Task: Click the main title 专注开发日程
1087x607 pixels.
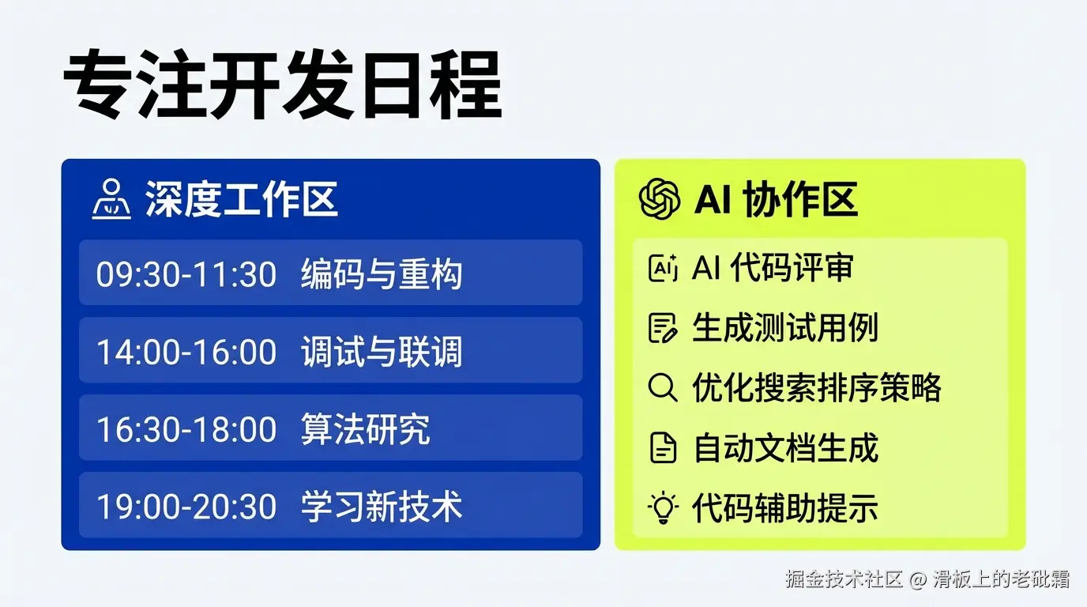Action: tap(283, 85)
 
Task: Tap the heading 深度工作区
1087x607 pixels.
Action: tap(241, 199)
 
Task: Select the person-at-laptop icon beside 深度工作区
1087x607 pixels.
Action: tap(111, 199)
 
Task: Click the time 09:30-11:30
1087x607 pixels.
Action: tap(186, 274)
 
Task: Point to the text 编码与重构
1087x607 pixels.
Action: tap(382, 274)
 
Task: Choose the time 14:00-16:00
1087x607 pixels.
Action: tap(186, 352)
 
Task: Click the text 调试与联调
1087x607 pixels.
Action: tap(382, 352)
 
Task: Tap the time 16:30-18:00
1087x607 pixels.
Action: tap(186, 430)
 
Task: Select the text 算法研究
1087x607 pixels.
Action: tap(366, 429)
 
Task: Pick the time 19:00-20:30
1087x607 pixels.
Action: tap(186, 507)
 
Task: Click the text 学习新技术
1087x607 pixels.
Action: tap(382, 507)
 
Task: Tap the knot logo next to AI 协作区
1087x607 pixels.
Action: tap(660, 199)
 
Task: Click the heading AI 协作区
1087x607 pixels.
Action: tap(776, 199)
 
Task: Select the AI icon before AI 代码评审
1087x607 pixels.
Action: tap(663, 268)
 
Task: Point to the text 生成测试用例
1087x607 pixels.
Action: tap(785, 328)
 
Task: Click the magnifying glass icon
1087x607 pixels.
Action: tap(663, 387)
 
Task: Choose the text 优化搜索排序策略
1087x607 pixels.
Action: tap(817, 388)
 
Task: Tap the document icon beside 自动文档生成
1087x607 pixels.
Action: tap(663, 447)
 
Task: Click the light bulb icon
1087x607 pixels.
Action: tap(663, 508)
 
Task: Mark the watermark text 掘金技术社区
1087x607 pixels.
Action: tap(844, 579)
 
